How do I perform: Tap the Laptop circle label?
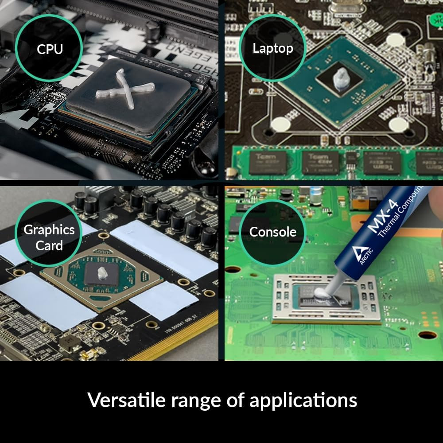click(x=272, y=48)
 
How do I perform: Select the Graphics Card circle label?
click(x=49, y=237)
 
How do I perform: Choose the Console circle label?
click(x=272, y=232)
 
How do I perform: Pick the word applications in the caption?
click(x=303, y=400)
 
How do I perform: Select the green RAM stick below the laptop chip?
click(x=337, y=162)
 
